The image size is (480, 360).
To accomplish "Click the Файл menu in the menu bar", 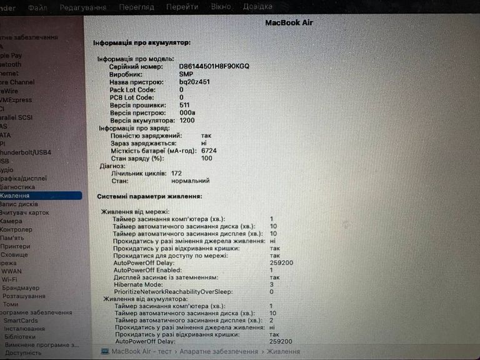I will (x=37, y=7).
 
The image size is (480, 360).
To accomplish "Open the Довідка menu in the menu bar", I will (x=257, y=7).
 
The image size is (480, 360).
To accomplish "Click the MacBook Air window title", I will (x=289, y=22).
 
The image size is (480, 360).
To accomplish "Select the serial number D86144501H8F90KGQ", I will (x=214, y=66).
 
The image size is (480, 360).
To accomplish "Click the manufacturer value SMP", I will (x=186, y=74).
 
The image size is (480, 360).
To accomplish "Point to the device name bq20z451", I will (x=194, y=82).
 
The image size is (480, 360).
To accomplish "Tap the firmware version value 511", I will (x=185, y=105).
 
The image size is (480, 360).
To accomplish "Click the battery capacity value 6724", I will (x=209, y=151).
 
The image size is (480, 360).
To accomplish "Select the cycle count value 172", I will (x=176, y=173).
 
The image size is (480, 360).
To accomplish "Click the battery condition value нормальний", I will (x=191, y=181).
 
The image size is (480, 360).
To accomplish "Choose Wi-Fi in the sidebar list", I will (x=10, y=279).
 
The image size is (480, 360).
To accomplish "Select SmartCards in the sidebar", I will (x=21, y=321).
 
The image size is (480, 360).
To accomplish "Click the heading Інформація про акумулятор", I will (x=142, y=42).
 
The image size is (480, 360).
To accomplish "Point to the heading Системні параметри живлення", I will (x=149, y=196).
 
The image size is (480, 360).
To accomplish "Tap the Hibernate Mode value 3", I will (x=272, y=284).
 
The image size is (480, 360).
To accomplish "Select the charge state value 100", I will (x=207, y=158).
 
